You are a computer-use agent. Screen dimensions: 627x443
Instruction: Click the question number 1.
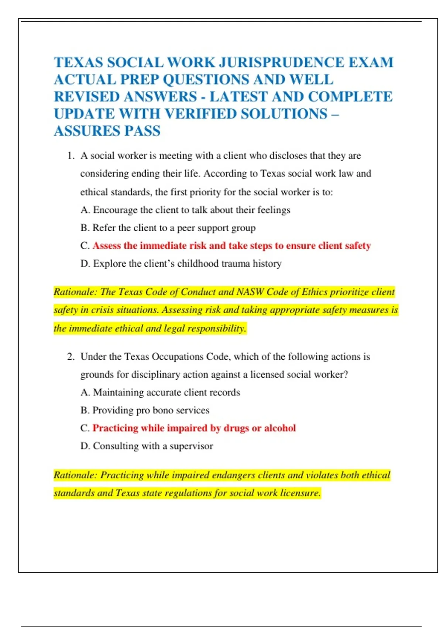pos(71,156)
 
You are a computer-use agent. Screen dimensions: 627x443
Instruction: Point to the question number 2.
pos(71,357)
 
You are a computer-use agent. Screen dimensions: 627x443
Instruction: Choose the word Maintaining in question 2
pos(118,392)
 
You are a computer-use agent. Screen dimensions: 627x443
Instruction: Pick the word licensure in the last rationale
pos(300,493)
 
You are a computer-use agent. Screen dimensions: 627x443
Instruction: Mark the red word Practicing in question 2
pos(115,428)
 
